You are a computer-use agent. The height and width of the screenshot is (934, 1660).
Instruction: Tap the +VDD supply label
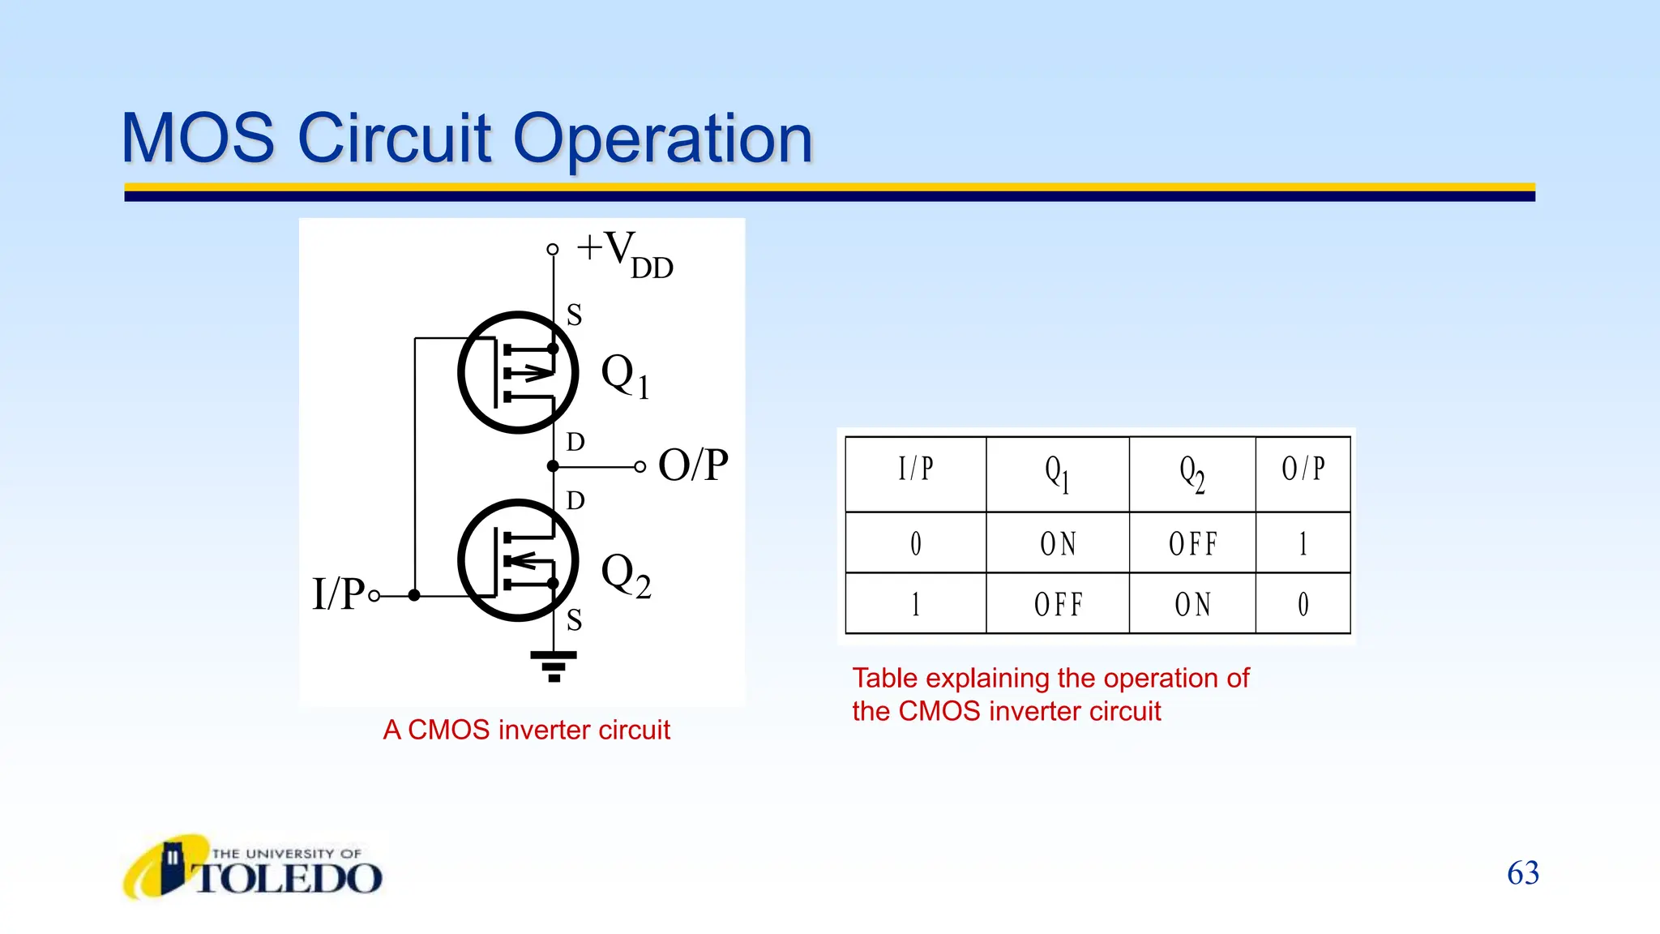(x=624, y=253)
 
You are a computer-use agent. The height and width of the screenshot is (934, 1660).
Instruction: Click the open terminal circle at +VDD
(x=553, y=249)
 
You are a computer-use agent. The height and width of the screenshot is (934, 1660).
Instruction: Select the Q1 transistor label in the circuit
(x=625, y=376)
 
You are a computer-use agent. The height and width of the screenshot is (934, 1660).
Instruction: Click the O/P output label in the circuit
(x=693, y=465)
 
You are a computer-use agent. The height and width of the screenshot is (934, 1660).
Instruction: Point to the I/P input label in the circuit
(x=339, y=593)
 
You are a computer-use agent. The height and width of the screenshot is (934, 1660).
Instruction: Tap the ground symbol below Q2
(x=554, y=666)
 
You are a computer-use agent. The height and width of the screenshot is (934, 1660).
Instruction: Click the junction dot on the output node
(x=553, y=466)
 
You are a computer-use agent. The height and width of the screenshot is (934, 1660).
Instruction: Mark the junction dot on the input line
(x=414, y=596)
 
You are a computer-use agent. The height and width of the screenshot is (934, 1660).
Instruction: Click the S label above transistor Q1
(x=574, y=315)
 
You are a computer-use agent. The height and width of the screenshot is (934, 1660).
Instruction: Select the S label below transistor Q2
(x=574, y=620)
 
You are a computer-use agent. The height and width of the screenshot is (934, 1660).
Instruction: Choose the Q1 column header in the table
(x=1057, y=473)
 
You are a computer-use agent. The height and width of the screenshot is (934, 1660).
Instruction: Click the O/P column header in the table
(x=1303, y=469)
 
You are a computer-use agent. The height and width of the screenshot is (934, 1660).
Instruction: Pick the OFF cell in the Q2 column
(x=1192, y=543)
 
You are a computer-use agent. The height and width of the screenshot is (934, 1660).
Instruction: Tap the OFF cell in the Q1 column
(x=1058, y=605)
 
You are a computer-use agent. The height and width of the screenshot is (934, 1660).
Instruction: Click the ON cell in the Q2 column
(x=1192, y=605)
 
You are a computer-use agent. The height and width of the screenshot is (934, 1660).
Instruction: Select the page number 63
(x=1522, y=873)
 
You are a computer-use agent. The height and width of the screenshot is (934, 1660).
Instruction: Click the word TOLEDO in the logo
(x=289, y=878)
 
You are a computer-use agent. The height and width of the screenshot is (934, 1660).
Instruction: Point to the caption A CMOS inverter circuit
(x=526, y=730)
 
